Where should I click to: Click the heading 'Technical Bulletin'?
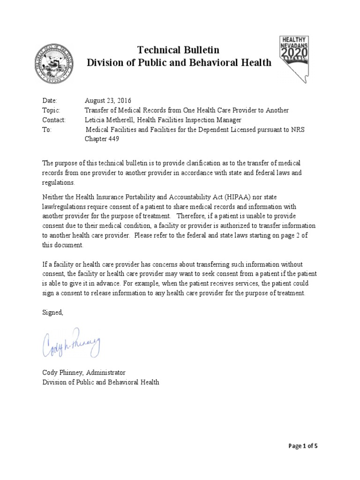point(178,50)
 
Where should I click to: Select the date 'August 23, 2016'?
point(108,101)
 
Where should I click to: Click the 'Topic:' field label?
point(51,110)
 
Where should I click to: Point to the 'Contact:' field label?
point(54,120)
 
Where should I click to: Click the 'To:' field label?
point(47,130)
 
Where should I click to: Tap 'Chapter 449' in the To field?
point(103,139)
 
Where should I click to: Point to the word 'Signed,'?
point(52,313)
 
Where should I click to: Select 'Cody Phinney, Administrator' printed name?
point(84,372)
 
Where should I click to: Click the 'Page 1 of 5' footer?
point(303,446)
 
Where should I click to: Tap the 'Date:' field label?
point(49,101)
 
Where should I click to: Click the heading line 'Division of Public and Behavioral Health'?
point(179,63)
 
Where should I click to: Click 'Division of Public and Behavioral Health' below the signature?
point(101,382)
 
